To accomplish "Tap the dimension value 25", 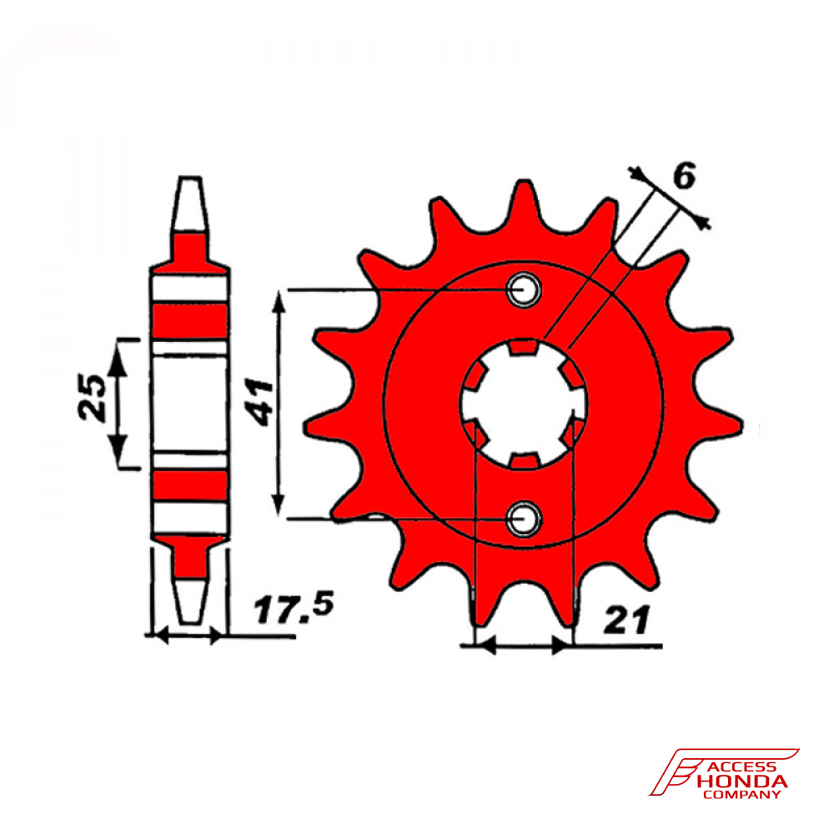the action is [92, 397].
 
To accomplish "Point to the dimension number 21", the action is [626, 619].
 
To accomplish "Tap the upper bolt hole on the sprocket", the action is [524, 290].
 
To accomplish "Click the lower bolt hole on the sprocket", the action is [524, 518].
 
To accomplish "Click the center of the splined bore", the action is [524, 404].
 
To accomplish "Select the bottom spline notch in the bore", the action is [524, 461].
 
